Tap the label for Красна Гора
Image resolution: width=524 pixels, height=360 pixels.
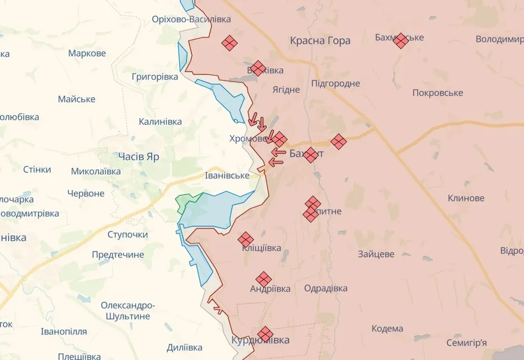(x=320, y=40)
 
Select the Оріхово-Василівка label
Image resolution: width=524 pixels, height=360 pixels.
(x=191, y=19)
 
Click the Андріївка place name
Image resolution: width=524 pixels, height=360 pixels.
(x=270, y=289)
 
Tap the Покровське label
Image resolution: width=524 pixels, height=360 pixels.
(x=437, y=93)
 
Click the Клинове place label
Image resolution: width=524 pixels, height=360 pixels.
(x=466, y=198)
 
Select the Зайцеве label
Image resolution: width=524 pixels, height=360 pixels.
(x=376, y=254)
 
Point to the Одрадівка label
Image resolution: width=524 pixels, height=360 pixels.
(x=325, y=288)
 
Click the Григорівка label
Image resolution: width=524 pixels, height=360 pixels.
(x=155, y=77)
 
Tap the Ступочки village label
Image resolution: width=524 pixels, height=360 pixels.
(x=128, y=235)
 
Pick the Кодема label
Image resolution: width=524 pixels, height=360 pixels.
(x=387, y=329)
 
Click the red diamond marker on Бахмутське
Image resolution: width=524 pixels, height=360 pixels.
(x=400, y=40)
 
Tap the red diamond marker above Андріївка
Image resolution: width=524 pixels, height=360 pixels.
(x=264, y=278)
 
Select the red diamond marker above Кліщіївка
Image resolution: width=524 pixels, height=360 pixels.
(x=246, y=240)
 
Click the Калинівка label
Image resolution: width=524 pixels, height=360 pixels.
(x=160, y=121)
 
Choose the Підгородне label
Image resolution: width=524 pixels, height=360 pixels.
(x=336, y=83)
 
